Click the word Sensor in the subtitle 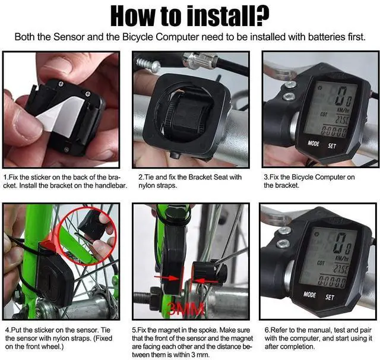point(69,37)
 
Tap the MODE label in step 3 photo point(313,143)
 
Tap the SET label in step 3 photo point(332,146)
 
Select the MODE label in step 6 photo point(309,295)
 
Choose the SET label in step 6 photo point(330,297)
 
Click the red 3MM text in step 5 point(185,308)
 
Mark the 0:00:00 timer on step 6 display point(331,282)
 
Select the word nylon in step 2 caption point(145,186)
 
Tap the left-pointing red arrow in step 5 point(202,281)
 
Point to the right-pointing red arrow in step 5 point(167,277)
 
